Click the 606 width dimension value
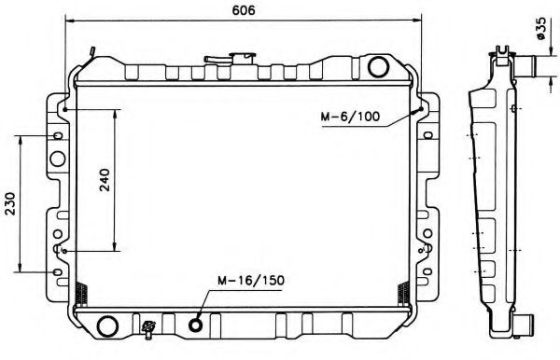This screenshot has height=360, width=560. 244,10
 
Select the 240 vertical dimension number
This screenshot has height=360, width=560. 105,180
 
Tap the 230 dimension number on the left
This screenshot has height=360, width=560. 10,203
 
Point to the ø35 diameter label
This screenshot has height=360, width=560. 540,28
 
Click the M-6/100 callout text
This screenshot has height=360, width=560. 350,117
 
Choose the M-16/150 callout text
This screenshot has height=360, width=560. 251,281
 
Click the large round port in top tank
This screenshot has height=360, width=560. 378,67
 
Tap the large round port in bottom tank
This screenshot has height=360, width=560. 107,325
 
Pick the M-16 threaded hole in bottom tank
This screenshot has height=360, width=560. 195,325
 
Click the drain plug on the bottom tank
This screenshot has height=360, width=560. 148,329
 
